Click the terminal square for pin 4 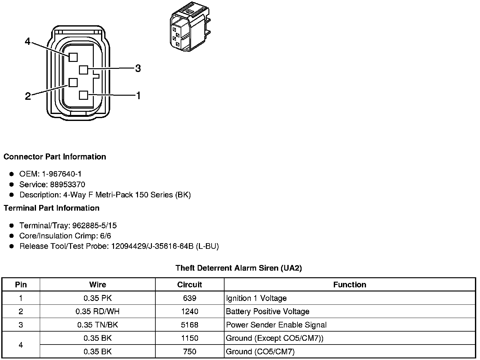click(x=73, y=57)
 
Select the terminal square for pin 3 click(x=83, y=69)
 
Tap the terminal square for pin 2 click(x=73, y=82)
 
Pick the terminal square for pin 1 click(x=83, y=95)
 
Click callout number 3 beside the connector click(x=138, y=68)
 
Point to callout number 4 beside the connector click(x=28, y=41)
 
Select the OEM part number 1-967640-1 click(x=62, y=174)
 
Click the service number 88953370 click(x=67, y=184)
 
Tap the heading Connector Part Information click(x=55, y=157)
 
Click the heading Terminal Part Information click(x=51, y=208)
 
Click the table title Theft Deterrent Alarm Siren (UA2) click(x=239, y=268)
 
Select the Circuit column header click(x=189, y=285)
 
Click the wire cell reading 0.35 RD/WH click(x=98, y=312)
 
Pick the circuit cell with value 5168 click(x=189, y=325)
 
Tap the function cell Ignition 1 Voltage click(x=256, y=298)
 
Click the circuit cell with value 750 click(x=189, y=351)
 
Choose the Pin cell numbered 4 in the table click(x=21, y=345)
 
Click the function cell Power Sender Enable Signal click(x=276, y=325)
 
